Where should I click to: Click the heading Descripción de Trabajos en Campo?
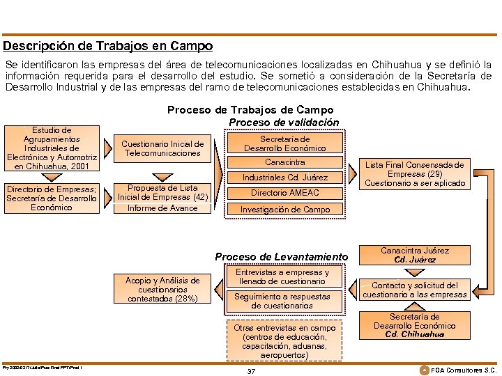coord(107,47)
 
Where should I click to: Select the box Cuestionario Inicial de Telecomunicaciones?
coord(162,148)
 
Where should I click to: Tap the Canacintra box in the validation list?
coord(284,162)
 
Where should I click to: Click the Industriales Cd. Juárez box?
coord(284,178)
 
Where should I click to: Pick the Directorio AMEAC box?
coord(284,193)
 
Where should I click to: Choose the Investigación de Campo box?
coord(284,209)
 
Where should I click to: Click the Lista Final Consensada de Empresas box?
coord(425,174)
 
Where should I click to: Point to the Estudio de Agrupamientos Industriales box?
coord(52,148)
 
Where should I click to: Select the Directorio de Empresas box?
coord(52,198)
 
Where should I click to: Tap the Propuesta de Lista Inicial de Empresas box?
coord(162,198)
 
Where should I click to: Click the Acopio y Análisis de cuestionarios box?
coord(162,289)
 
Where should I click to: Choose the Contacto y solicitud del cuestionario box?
coord(424,290)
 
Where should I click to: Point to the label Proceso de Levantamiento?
coord(281,257)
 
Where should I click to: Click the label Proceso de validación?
coord(284,123)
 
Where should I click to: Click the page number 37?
coord(251,370)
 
